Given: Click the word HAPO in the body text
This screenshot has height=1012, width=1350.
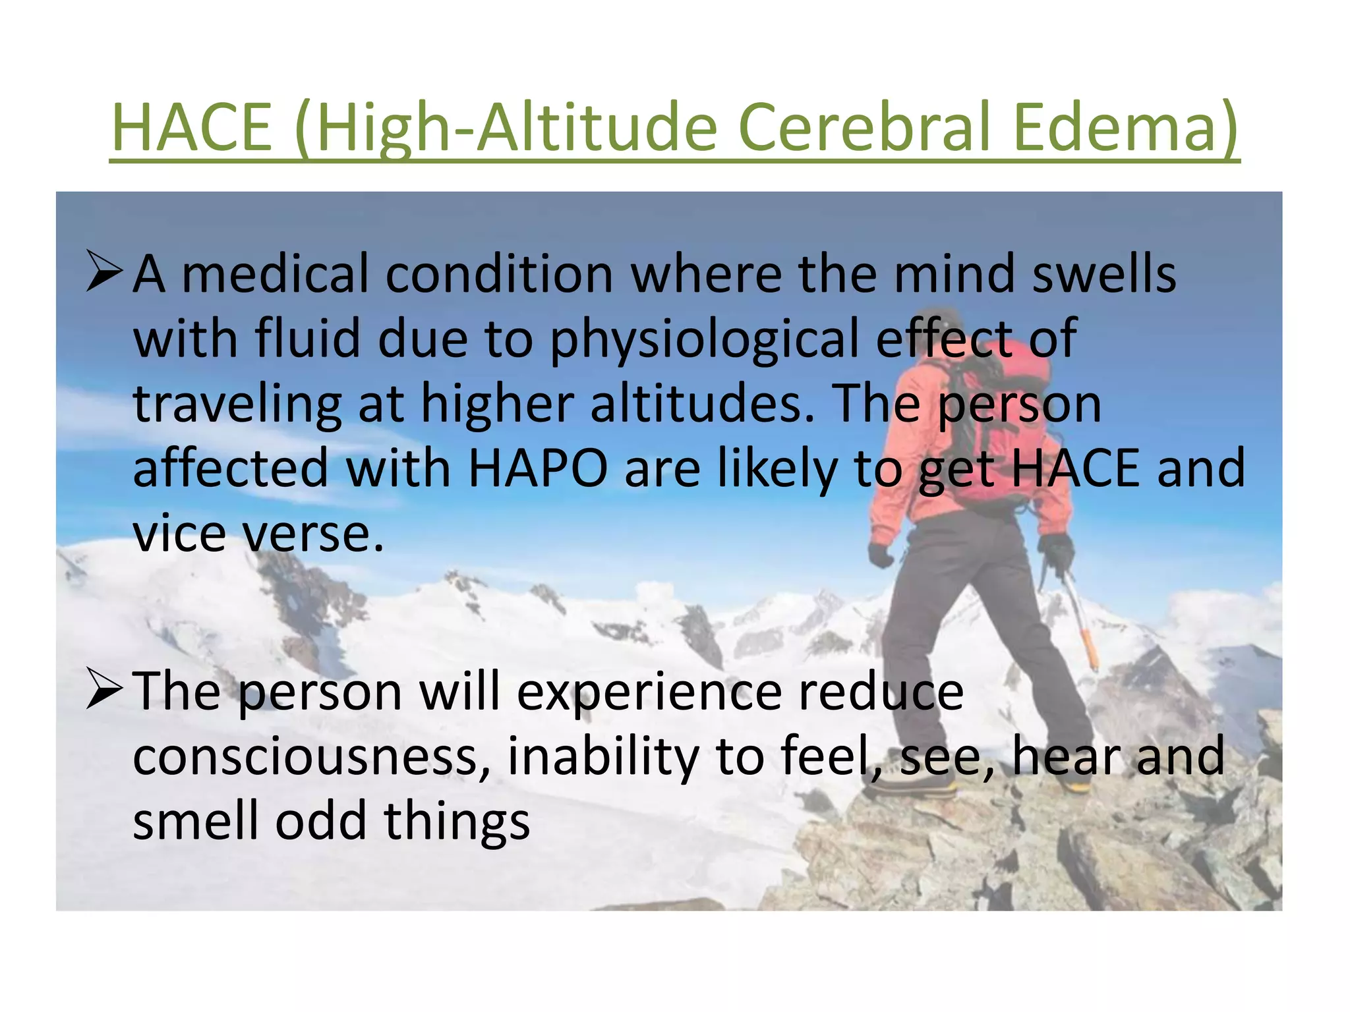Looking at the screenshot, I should pos(537,468).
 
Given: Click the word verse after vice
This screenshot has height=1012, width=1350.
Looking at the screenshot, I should pos(313,534).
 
